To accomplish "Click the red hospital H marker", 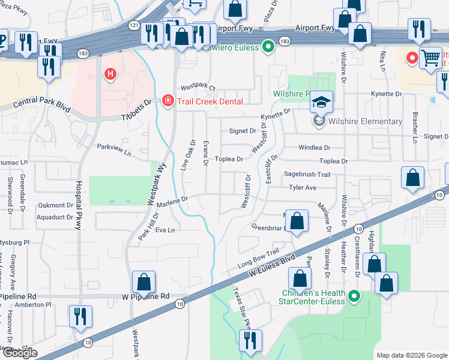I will click(110, 74).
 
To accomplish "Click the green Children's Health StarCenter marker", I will click(354, 296).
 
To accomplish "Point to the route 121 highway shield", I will click(134, 25).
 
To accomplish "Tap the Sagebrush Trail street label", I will click(307, 175).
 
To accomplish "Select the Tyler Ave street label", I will click(303, 188).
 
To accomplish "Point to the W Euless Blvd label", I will click(273, 264).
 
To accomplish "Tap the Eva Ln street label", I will click(164, 230).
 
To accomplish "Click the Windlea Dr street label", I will click(315, 148).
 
